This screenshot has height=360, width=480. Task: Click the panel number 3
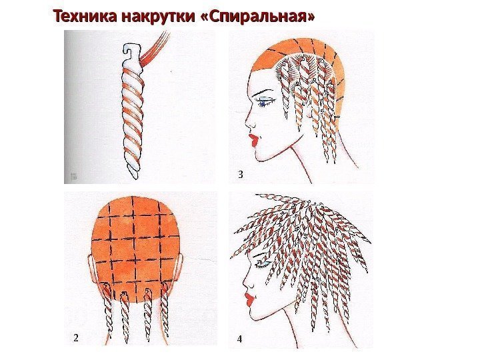[x=241, y=175]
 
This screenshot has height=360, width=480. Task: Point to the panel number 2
[x=75, y=338]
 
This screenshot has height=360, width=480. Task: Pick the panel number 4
[x=240, y=339]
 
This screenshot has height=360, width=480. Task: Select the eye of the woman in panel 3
[x=263, y=101]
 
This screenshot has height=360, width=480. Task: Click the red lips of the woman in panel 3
[x=253, y=140]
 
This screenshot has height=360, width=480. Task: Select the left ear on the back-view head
[x=91, y=266]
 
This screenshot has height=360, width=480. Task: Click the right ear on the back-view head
[x=181, y=266]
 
